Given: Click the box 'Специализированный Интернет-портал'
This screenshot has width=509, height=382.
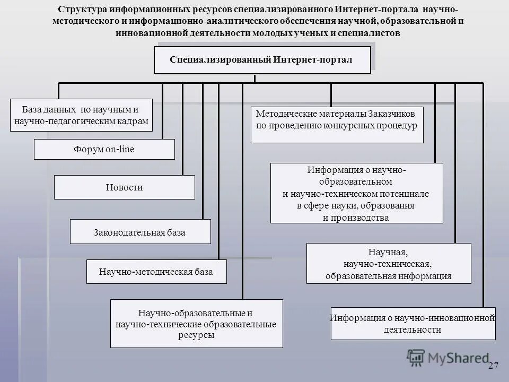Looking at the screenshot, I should [x=261, y=59].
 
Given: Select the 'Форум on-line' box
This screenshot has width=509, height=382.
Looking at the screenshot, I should [x=104, y=149].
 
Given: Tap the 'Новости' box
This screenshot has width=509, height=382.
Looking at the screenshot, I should [x=124, y=187].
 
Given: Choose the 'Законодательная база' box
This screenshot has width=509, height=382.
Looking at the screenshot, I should [x=140, y=232].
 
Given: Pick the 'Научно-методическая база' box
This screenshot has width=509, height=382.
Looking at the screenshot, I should [x=156, y=272].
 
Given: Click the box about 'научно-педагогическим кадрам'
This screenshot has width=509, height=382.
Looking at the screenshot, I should [x=81, y=116].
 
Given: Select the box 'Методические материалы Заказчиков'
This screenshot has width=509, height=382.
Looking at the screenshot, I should [x=337, y=125].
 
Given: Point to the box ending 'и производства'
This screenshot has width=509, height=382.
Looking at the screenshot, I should [x=356, y=193].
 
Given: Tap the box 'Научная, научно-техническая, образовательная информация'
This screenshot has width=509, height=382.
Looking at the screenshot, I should [x=388, y=263].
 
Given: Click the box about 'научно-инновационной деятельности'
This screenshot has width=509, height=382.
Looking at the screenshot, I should [x=413, y=323].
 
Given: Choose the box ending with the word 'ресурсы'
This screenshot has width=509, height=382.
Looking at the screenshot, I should [x=196, y=324].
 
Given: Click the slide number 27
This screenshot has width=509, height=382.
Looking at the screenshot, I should [x=494, y=366].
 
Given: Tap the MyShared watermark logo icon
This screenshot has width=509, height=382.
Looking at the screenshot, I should [x=416, y=358].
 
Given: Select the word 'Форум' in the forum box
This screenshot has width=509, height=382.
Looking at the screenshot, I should [x=89, y=149].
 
